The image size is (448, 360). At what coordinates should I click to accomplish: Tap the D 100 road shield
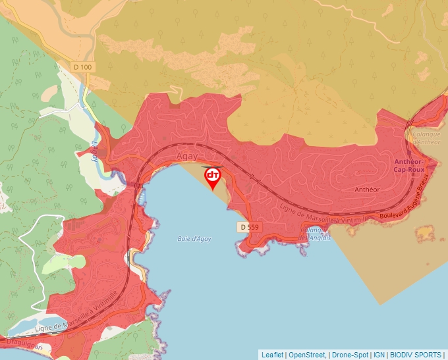82,67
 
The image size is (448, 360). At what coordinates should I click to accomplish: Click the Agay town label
187,157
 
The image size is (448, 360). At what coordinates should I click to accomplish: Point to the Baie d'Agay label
194,239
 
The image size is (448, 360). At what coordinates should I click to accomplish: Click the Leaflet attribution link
272,355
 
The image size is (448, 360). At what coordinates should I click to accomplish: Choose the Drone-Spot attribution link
350,355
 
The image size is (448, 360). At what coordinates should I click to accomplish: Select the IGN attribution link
379,355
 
